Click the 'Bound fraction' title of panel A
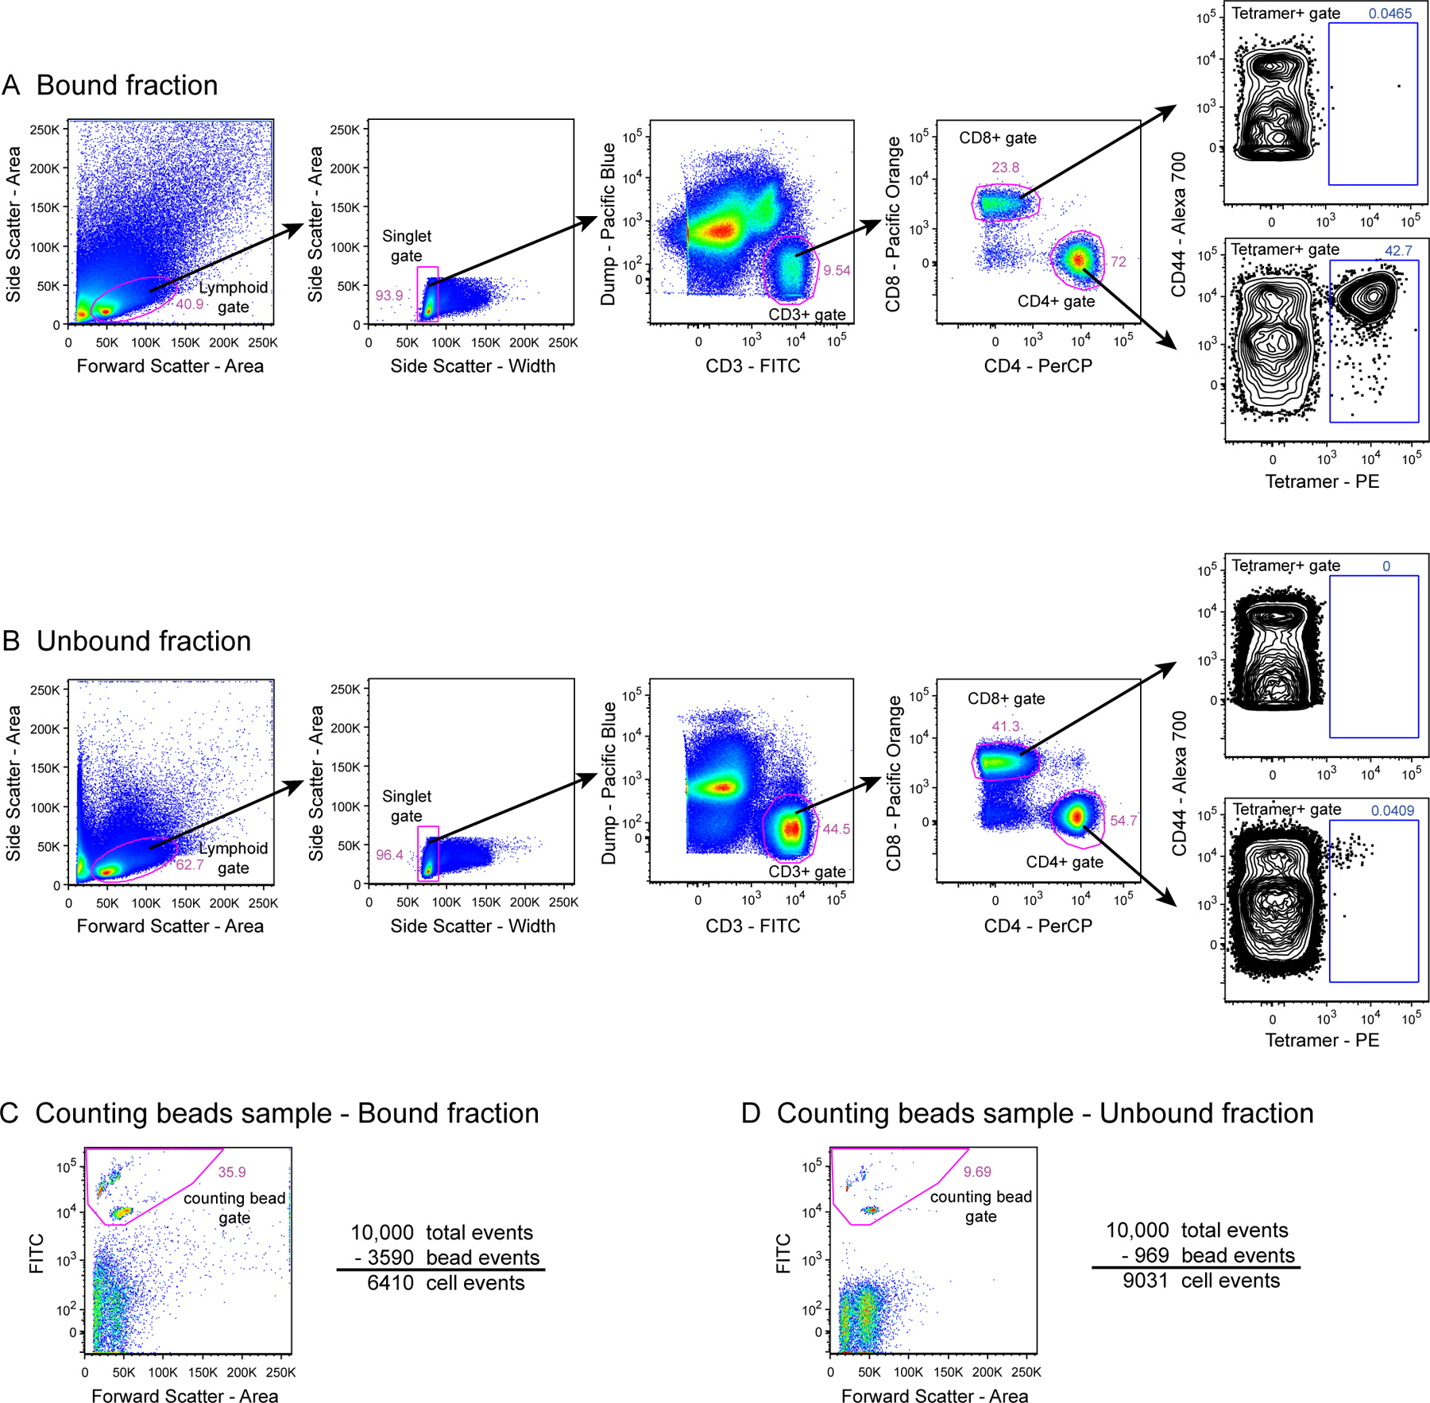pyautogui.click(x=127, y=85)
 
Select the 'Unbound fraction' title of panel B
pyautogui.click(x=143, y=641)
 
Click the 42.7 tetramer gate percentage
pyautogui.click(x=1398, y=251)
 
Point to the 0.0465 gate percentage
pyautogui.click(x=1389, y=14)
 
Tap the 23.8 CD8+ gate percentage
pyautogui.click(x=1005, y=168)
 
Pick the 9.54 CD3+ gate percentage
pyautogui.click(x=837, y=271)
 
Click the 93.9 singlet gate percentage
pyautogui.click(x=389, y=296)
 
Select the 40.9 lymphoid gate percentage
pyautogui.click(x=190, y=304)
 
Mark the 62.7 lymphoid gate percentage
pyautogui.click(x=190, y=864)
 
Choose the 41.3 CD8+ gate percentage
pyautogui.click(x=1005, y=726)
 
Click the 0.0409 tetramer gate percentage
pyautogui.click(x=1393, y=810)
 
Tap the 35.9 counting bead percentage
pyautogui.click(x=232, y=1172)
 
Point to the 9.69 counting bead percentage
pyautogui.click(x=977, y=1172)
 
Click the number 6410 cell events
pyautogui.click(x=390, y=1283)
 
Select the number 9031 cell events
pyautogui.click(x=1146, y=1281)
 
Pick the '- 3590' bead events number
pyautogui.click(x=385, y=1258)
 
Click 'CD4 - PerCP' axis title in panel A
pyautogui.click(x=1038, y=366)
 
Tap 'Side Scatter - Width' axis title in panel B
pyautogui.click(x=473, y=926)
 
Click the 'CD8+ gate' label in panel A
pyautogui.click(x=997, y=138)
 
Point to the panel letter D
pyautogui.click(x=751, y=1114)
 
